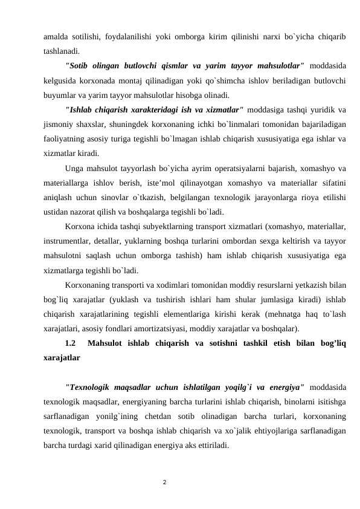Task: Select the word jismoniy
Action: (x=58, y=123)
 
